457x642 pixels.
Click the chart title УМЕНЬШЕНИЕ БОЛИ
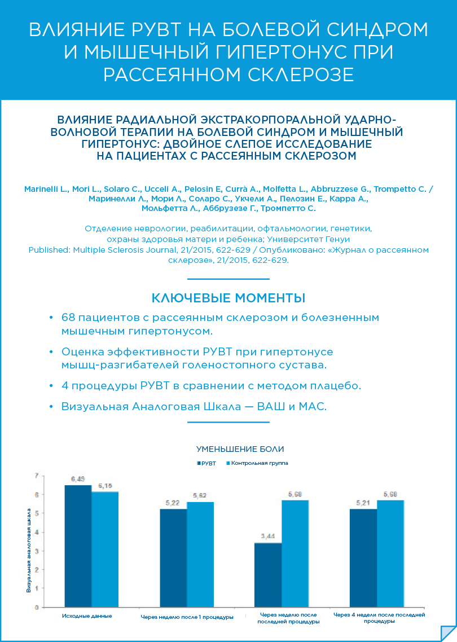[240, 449]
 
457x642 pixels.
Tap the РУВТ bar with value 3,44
[268, 575]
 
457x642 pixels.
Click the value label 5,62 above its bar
[200, 496]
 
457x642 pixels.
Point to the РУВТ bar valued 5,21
[363, 558]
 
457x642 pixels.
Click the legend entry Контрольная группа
[257, 463]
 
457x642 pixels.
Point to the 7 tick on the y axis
[37, 476]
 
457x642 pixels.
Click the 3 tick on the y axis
[37, 551]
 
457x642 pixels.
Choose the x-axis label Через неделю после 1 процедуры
[187, 618]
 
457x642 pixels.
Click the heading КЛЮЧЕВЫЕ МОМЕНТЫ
[228, 298]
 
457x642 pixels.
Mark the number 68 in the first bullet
[68, 318]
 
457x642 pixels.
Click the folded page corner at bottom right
[448, 633]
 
